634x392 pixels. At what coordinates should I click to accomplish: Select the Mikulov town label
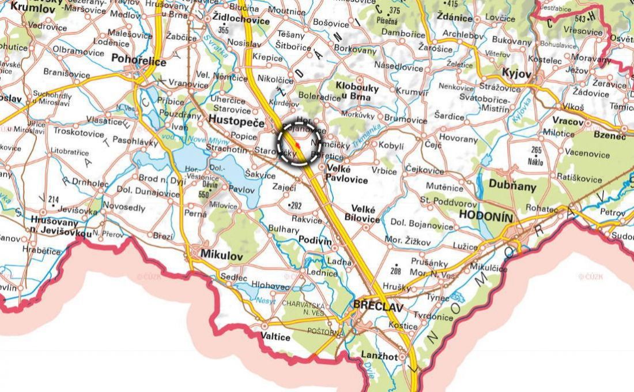pyautogui.click(x=222, y=255)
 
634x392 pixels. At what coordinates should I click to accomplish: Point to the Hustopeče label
pyautogui.click(x=236, y=121)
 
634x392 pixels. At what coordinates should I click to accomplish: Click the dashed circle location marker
pyautogui.click(x=299, y=142)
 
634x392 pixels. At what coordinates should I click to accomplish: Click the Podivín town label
pyautogui.click(x=315, y=240)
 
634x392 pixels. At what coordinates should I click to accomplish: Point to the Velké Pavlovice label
pyautogui.click(x=347, y=173)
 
